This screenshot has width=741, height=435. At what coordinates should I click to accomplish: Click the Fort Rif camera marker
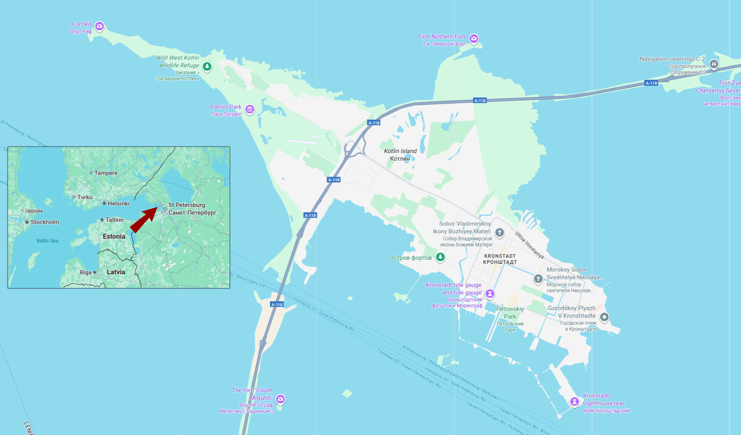pos(99,27)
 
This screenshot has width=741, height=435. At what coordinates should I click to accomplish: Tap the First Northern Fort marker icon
pos(474,39)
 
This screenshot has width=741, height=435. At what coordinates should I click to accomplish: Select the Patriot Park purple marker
pos(250,109)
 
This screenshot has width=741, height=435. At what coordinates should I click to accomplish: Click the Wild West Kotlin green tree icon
pos(207,66)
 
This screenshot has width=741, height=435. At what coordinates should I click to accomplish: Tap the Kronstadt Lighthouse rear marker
pos(575,402)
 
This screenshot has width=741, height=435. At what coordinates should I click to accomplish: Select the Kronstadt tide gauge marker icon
pos(490,294)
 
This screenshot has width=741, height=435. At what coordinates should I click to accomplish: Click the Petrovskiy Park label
pos(510,313)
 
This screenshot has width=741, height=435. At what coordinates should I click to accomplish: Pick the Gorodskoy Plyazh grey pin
pos(604,317)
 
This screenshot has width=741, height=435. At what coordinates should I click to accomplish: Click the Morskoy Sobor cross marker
pos(538,279)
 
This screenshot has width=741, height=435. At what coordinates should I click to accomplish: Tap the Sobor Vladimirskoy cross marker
pos(499,232)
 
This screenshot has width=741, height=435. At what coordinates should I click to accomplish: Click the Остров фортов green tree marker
pos(441,257)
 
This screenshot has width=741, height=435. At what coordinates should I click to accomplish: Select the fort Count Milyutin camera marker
pos(280,399)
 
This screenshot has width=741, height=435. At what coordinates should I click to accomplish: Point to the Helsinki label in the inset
pos(118,203)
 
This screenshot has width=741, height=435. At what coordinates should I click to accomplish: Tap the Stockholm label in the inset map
pos(45,222)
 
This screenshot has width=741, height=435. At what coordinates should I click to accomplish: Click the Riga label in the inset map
pos(86,272)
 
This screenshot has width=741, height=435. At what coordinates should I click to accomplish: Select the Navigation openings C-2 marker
pos(714,64)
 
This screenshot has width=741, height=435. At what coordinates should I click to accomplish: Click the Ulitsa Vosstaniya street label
pos(529,245)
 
